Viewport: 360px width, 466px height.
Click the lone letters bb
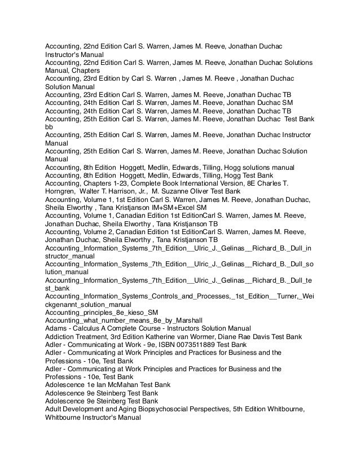(x=49, y=127)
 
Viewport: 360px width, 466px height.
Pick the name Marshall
(x=156, y=320)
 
